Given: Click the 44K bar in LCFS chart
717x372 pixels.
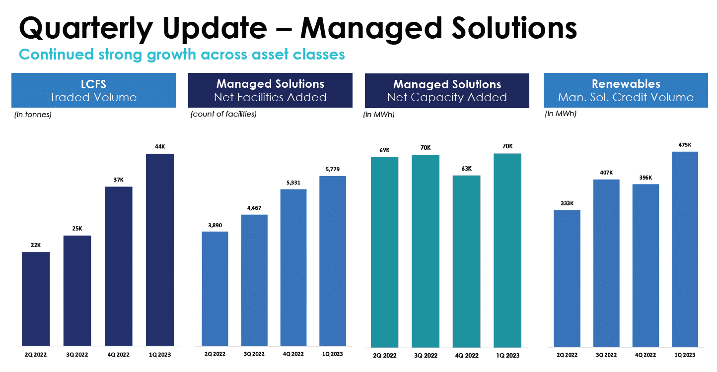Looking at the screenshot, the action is point(160,249).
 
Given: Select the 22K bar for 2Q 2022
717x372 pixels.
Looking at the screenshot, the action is point(36,299).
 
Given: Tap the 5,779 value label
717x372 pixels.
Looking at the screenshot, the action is point(333,169).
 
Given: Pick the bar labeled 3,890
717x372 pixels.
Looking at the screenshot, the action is point(215,289).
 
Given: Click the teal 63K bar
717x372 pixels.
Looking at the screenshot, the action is point(466,261).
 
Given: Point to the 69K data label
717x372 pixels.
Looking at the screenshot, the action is point(384,150).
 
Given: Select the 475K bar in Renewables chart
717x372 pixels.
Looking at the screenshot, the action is point(685,249).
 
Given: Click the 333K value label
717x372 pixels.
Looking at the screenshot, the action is point(567,203).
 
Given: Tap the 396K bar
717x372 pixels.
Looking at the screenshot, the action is point(645,265).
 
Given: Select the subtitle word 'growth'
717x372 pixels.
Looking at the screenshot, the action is point(171,55).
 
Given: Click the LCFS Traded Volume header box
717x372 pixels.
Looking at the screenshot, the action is point(93,90).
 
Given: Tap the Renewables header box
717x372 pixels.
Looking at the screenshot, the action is point(626,90).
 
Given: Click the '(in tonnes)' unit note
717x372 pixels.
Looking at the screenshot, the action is point(33,115).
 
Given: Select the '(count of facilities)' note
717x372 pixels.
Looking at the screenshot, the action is point(223,114).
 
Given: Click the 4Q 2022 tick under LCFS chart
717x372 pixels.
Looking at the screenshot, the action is point(119,355).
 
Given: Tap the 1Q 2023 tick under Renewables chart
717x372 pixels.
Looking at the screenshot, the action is point(685,355).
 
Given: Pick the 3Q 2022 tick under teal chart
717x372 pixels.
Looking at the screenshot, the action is point(426,355).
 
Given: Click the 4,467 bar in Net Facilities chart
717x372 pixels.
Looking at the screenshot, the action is point(254,280).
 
